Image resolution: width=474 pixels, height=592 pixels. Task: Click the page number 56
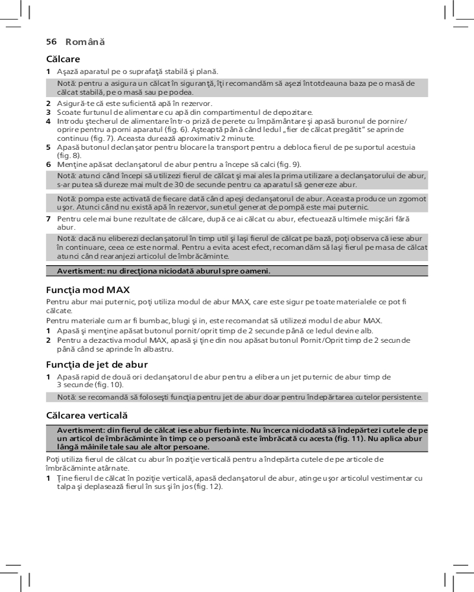(x=51, y=41)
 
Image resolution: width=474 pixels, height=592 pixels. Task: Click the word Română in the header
(x=85, y=41)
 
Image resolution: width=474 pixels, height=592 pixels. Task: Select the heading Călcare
(x=63, y=59)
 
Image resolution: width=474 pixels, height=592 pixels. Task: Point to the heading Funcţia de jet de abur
(x=97, y=364)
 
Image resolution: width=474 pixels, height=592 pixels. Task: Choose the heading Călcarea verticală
(x=87, y=416)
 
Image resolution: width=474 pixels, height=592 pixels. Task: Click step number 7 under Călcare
(x=49, y=219)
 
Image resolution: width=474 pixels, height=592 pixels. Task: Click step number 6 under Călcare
(x=49, y=164)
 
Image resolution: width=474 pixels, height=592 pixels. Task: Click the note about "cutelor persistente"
(x=239, y=397)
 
